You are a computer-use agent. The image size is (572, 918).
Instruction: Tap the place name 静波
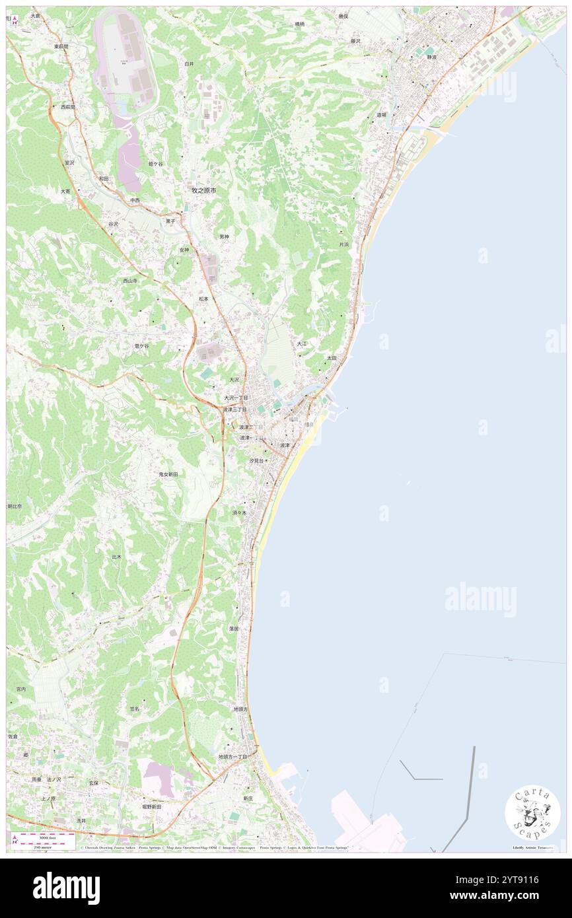432,57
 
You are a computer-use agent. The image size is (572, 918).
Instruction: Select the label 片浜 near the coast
343,244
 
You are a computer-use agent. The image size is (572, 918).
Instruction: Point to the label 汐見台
256,460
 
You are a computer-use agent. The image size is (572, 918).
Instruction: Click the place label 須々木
239,512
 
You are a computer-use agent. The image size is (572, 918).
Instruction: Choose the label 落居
234,629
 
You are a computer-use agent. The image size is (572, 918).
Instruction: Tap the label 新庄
248,798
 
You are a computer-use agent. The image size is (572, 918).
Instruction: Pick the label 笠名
134,709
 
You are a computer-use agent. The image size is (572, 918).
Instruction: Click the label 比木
116,557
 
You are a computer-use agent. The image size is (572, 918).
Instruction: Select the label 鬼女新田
168,474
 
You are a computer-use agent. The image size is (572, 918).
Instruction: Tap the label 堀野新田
151,806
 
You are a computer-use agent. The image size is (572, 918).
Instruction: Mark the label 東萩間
61,46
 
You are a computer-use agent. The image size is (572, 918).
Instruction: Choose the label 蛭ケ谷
155,163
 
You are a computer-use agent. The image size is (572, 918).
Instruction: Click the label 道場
381,115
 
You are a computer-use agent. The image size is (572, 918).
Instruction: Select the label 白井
190,63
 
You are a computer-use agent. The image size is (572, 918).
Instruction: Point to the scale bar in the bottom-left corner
43,837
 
